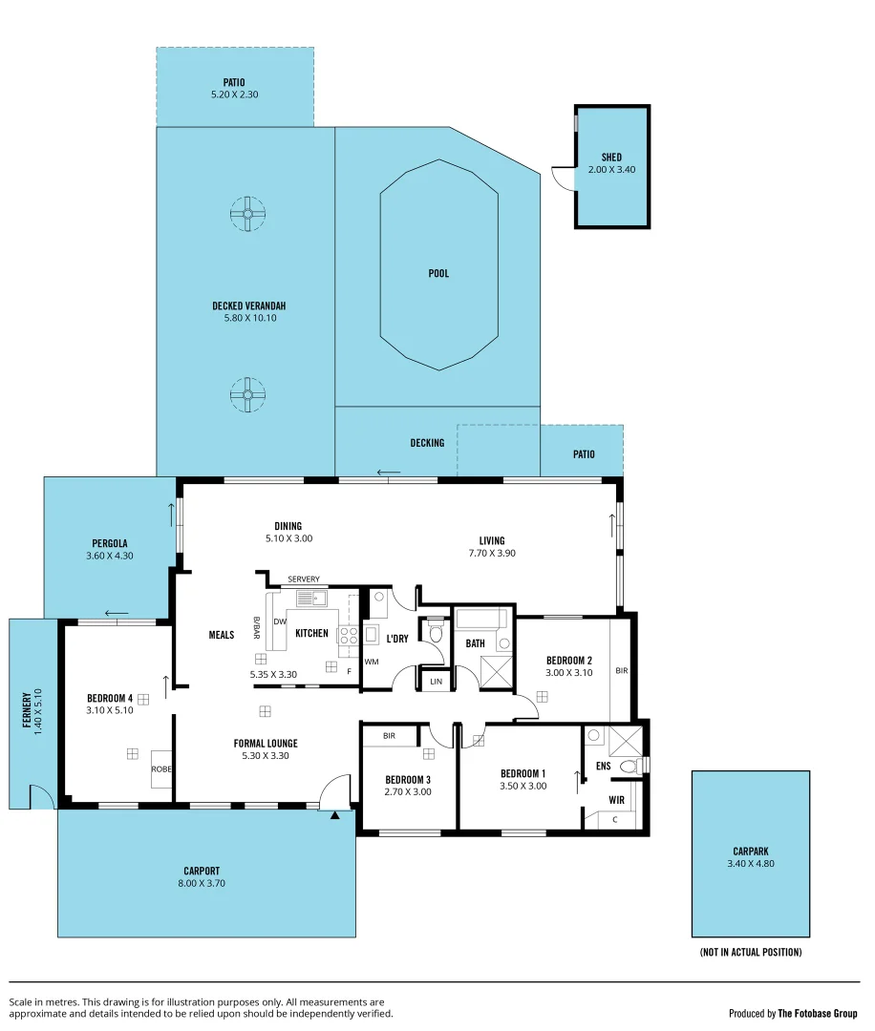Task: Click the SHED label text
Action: tap(611, 158)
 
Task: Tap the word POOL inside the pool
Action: tap(438, 274)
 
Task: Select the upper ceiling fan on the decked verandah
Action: tap(247, 213)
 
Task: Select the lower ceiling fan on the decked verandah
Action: tap(247, 394)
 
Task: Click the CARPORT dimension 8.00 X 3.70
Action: tap(202, 883)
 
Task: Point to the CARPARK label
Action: tap(750, 851)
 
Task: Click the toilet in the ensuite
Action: tap(630, 766)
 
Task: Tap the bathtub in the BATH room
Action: tap(483, 619)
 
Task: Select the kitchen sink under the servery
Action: tap(310, 599)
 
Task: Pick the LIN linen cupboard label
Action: tap(437, 681)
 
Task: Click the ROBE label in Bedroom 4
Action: tap(160, 768)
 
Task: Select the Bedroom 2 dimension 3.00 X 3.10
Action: tap(569, 672)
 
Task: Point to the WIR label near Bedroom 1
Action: tap(617, 800)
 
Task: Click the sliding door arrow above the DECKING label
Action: tap(388, 473)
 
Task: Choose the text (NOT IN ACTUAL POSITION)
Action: tap(750, 952)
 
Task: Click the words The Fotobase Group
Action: tap(819, 1014)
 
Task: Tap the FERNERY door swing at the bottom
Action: tap(40, 795)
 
